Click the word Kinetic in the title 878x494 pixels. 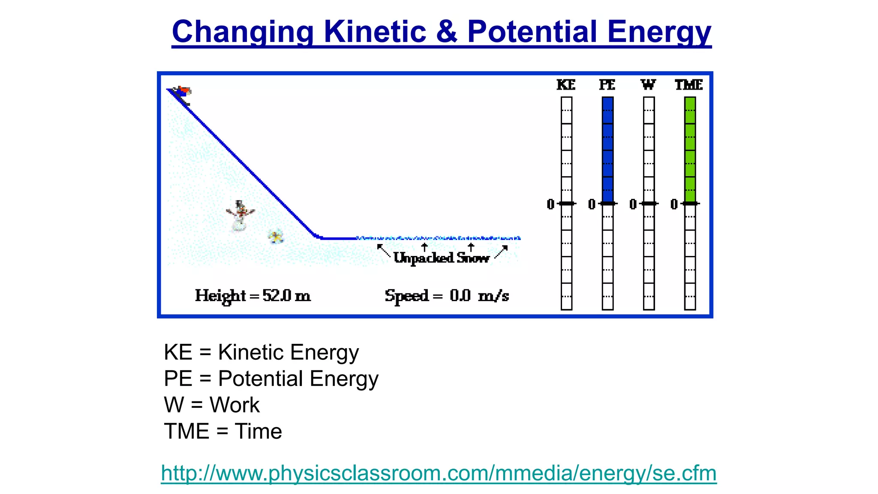pyautogui.click(x=375, y=32)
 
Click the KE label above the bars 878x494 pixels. pyautogui.click(x=566, y=85)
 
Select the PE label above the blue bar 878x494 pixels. pyautogui.click(x=607, y=85)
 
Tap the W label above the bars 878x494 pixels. pyautogui.click(x=648, y=85)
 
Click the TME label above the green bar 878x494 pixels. pyautogui.click(x=689, y=85)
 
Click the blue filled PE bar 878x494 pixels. pyautogui.click(x=607, y=150)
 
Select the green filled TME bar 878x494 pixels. pyautogui.click(x=690, y=150)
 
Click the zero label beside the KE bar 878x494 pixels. pyautogui.click(x=550, y=204)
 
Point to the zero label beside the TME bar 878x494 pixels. pyautogui.click(x=674, y=204)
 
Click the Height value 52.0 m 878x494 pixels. pyautogui.click(x=286, y=295)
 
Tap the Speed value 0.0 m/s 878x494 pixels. pyautogui.click(x=479, y=295)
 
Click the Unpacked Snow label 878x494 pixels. pyautogui.click(x=441, y=258)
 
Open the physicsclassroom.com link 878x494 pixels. pyautogui.click(x=439, y=473)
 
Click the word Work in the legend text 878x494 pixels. pyautogui.click(x=234, y=405)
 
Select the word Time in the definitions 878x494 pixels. pyautogui.click(x=258, y=431)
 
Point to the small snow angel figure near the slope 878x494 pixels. pyautogui.click(x=276, y=236)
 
